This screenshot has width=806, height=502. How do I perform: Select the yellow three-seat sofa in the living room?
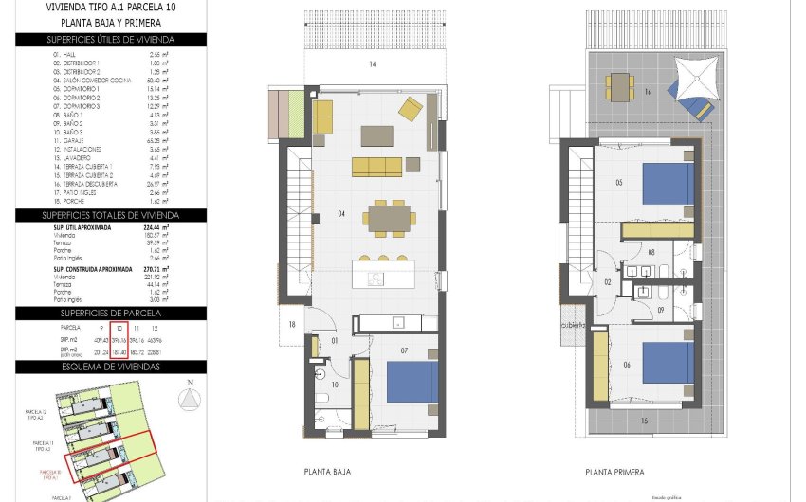click(376, 167)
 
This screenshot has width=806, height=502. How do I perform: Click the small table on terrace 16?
click(620, 87)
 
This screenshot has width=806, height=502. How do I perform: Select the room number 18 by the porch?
click(292, 325)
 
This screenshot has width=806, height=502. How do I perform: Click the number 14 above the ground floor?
click(373, 64)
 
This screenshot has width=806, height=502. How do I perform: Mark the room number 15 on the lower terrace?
click(644, 420)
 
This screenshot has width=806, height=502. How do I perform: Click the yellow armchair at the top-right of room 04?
click(410, 110)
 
